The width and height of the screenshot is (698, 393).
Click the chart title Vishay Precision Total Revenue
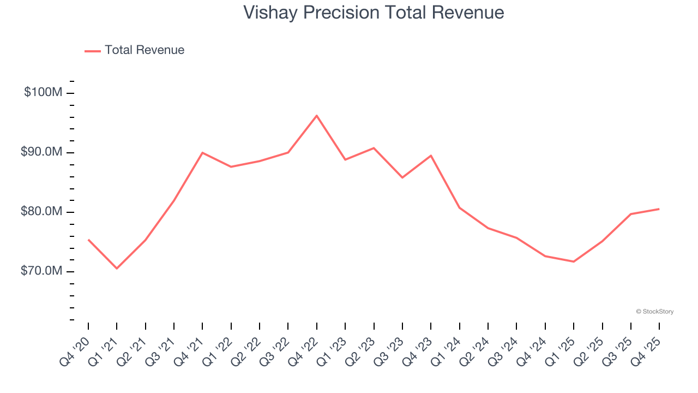(x=374, y=13)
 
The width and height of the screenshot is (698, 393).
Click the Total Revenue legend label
(x=145, y=50)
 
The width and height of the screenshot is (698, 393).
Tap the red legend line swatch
(x=93, y=51)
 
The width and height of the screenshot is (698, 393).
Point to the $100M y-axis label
(x=43, y=93)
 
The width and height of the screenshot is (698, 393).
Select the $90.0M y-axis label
(x=41, y=152)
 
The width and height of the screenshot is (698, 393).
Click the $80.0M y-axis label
(x=41, y=212)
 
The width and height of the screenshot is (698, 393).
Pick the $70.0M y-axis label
(x=41, y=271)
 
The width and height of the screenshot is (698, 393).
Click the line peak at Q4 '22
(x=317, y=116)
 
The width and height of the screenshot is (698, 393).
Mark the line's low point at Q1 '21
(x=117, y=268)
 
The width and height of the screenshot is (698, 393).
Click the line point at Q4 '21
(x=202, y=153)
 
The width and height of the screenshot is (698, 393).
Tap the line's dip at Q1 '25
(x=574, y=261)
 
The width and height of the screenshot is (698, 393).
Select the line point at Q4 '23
(x=431, y=156)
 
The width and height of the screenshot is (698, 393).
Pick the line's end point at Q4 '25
(x=659, y=209)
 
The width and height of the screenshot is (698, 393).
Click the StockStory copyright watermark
(x=654, y=312)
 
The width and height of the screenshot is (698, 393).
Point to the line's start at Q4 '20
(x=88, y=240)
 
